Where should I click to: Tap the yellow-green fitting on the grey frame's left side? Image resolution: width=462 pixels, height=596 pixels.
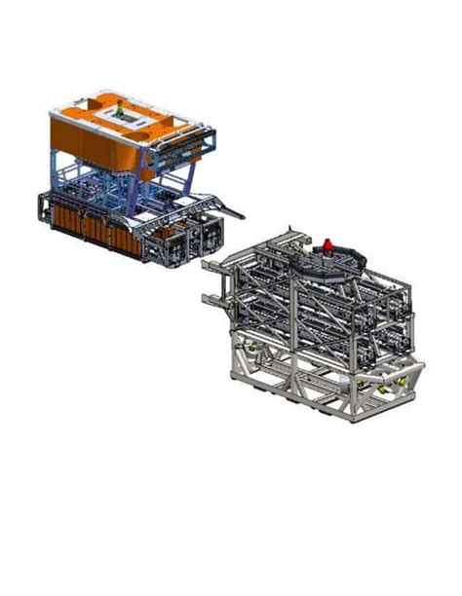(255, 348)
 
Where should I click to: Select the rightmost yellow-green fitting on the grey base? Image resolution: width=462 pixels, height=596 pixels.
(397, 387)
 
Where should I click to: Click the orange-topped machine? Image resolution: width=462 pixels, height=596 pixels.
(132, 175)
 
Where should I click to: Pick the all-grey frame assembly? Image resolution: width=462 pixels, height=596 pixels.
(317, 326)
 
